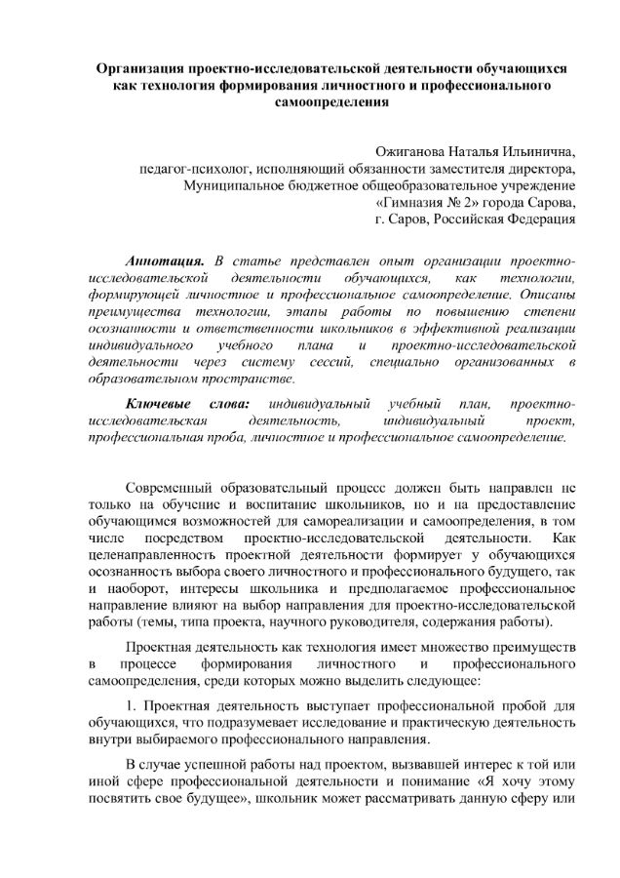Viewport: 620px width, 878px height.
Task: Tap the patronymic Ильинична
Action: [x=537, y=153]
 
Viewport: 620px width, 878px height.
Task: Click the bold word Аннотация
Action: [x=165, y=261]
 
